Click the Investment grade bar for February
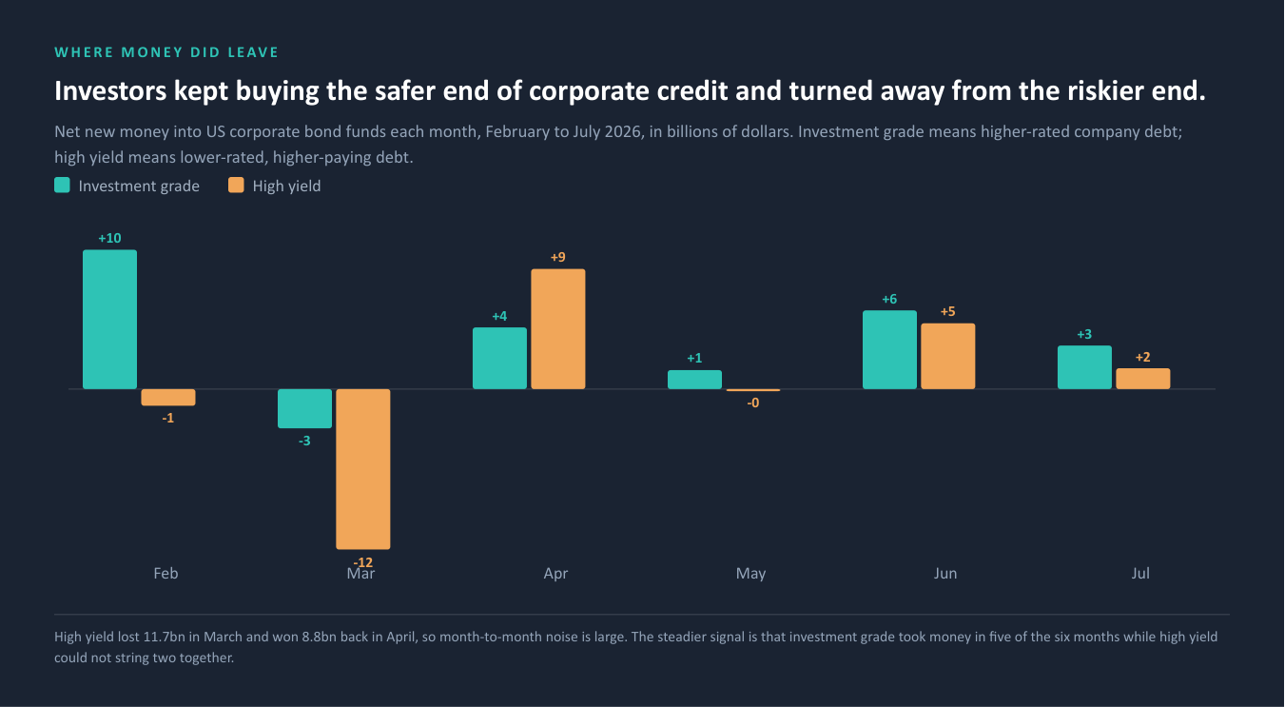point(109,319)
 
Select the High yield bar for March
point(363,469)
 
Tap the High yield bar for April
point(558,329)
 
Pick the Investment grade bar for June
point(889,349)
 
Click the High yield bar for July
point(1143,379)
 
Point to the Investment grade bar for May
point(694,380)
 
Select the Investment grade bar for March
point(304,408)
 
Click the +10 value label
point(109,238)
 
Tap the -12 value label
point(363,561)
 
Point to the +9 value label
point(558,257)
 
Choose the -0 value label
point(753,403)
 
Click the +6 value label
point(889,299)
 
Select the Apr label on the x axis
point(555,573)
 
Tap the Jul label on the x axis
point(1140,573)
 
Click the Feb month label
point(165,573)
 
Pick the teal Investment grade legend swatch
point(62,186)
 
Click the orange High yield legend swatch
point(236,186)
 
